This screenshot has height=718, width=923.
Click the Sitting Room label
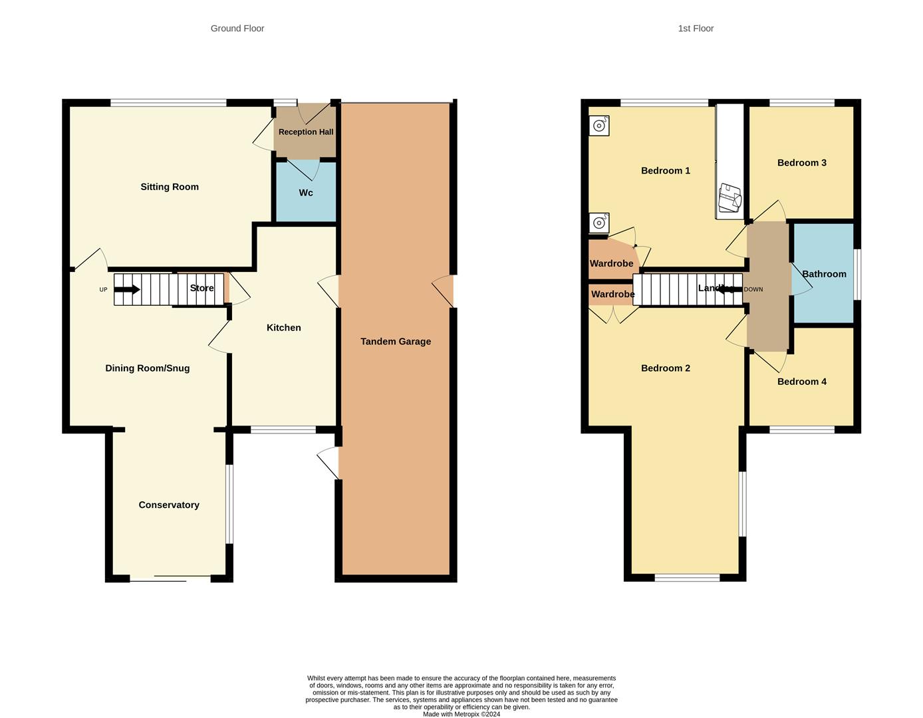click(x=170, y=187)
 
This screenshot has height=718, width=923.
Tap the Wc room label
click(x=306, y=193)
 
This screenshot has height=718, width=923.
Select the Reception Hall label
click(x=306, y=132)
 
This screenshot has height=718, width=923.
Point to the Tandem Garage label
click(x=396, y=342)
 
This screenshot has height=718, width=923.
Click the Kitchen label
click(x=284, y=328)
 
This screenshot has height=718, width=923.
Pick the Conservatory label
click(x=169, y=505)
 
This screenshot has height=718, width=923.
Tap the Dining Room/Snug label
click(x=148, y=368)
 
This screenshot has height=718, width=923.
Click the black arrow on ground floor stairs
click(x=127, y=289)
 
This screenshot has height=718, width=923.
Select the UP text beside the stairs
click(x=103, y=290)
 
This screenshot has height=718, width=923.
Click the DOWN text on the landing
click(x=753, y=290)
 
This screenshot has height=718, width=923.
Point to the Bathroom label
click(x=824, y=274)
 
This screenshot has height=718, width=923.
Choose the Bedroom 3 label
click(x=802, y=163)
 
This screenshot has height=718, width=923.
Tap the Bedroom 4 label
click(x=802, y=382)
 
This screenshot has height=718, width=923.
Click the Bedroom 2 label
click(x=666, y=368)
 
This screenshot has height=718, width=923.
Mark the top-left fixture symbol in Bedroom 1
click(x=599, y=126)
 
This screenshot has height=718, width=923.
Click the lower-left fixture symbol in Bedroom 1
click(x=599, y=223)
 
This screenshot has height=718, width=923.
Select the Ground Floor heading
click(x=237, y=29)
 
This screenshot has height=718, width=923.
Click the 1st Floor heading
click(x=696, y=29)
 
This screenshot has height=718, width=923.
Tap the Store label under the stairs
click(x=201, y=288)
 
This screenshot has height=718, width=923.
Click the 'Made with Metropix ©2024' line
click(x=461, y=714)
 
